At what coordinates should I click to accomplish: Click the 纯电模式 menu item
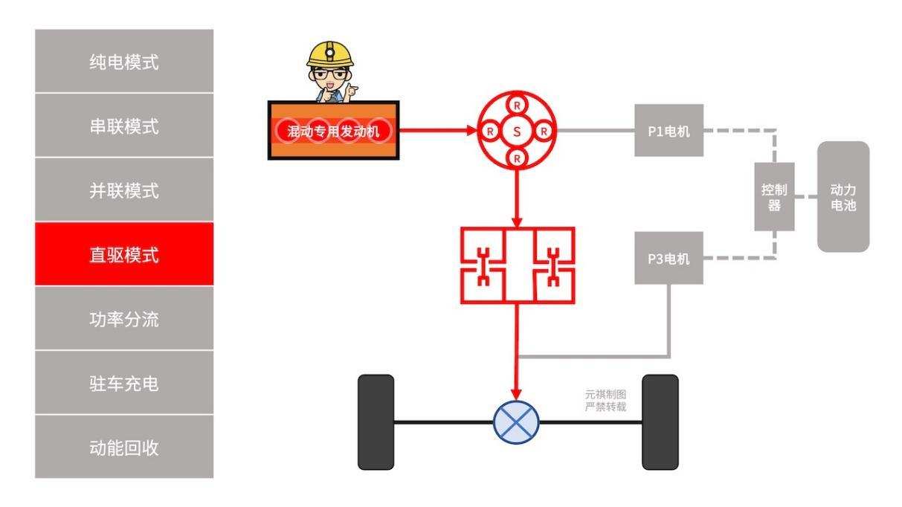tap(123, 62)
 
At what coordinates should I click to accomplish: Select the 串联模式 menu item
tap(123, 127)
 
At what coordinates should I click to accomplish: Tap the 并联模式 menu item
tap(123, 191)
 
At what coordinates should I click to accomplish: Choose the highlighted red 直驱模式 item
tap(123, 255)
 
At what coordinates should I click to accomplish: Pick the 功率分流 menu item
tap(123, 320)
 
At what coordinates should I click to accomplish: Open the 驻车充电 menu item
tap(123, 384)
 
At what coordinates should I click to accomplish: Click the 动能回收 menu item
tap(123, 448)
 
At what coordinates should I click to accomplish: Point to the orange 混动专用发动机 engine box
tap(333, 131)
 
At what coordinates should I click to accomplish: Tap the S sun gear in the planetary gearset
tap(518, 132)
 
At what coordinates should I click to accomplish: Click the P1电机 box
tap(669, 131)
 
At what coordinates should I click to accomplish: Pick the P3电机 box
tap(669, 258)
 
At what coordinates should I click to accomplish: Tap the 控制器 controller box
tap(774, 197)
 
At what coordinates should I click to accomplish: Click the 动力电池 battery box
tap(843, 197)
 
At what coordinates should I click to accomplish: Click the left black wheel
tap(376, 422)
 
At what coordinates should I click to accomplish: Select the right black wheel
tap(660, 422)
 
